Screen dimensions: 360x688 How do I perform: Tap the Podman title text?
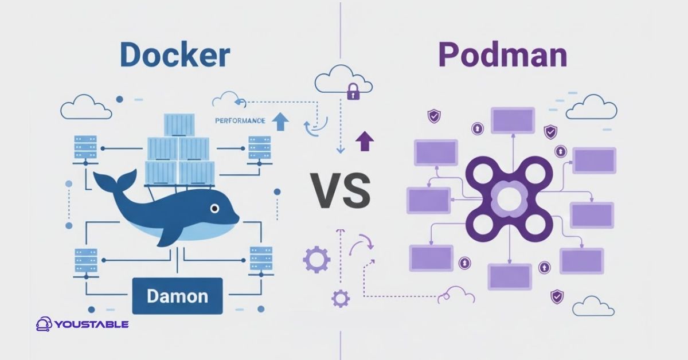point(503,56)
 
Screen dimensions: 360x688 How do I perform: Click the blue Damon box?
point(177,296)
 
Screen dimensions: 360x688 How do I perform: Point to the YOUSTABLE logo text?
point(92,324)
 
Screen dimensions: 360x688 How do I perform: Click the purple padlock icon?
point(353,92)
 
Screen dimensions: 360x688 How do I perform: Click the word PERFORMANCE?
point(240,121)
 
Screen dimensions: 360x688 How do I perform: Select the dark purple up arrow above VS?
point(362,140)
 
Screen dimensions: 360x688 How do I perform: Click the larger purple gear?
point(316,259)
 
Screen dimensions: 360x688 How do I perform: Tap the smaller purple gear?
point(341,298)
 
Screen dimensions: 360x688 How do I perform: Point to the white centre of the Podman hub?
point(509,199)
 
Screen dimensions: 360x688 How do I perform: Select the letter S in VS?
point(357,190)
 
